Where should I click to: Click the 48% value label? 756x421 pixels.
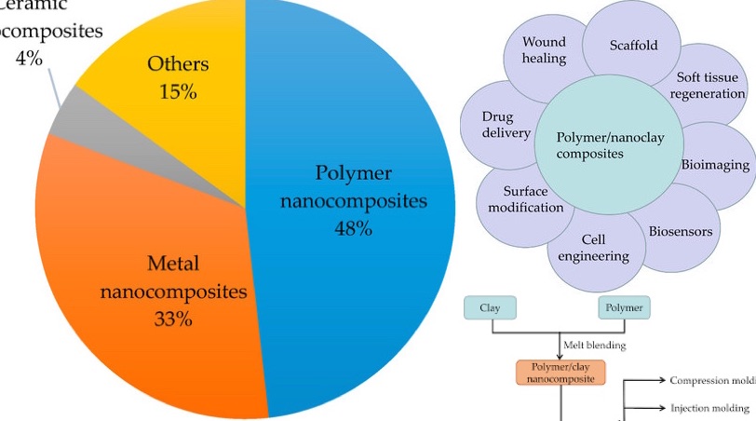tap(353, 227)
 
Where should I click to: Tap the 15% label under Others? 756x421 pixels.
tap(178, 92)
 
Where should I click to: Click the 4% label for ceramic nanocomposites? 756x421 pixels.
tap(29, 58)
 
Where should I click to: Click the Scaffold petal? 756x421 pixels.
tap(633, 45)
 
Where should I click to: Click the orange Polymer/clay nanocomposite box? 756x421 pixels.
tap(560, 373)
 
